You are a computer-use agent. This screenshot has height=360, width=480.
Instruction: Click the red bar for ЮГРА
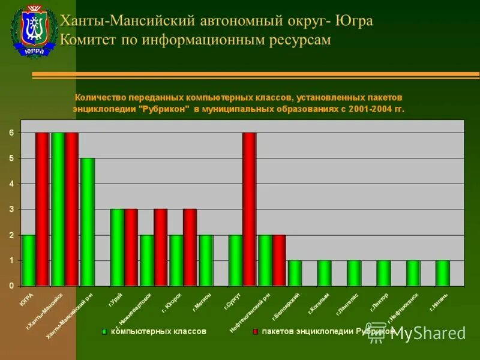(x=42, y=209)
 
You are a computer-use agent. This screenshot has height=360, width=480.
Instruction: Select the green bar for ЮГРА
(x=28, y=260)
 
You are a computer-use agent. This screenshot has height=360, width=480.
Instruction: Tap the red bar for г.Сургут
(x=249, y=209)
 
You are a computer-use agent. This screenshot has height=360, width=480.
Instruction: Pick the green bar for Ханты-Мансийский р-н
(x=88, y=221)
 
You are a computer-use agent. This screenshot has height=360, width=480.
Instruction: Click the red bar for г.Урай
(x=131, y=247)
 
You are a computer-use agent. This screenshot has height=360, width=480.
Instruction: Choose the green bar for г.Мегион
(x=205, y=260)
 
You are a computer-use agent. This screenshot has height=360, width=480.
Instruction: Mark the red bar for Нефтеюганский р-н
(x=278, y=260)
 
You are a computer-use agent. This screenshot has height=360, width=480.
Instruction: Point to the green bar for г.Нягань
(x=442, y=273)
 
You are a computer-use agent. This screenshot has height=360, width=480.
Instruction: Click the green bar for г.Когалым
(x=324, y=273)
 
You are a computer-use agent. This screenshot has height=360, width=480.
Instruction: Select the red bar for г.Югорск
(x=190, y=247)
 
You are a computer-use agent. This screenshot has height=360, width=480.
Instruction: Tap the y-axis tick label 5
(x=11, y=158)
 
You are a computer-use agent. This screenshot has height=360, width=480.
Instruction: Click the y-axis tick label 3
(x=11, y=209)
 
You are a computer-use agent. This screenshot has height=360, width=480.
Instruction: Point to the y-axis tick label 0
(x=11, y=286)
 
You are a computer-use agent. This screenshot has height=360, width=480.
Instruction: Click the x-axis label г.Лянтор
(x=380, y=300)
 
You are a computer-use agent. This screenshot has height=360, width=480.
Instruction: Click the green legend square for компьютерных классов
(x=104, y=331)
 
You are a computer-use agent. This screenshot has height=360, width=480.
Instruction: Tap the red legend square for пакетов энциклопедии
(x=255, y=331)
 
